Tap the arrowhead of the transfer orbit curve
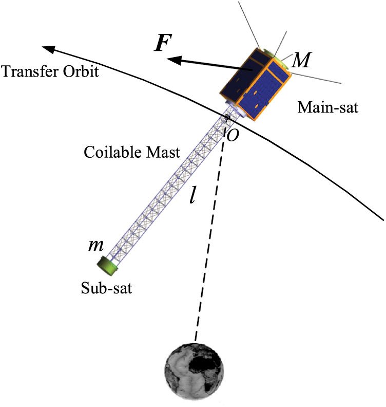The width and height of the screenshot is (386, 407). coord(48,49)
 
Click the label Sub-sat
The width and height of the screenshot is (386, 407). coord(106,288)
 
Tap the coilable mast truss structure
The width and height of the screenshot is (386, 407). coord(169,190)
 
